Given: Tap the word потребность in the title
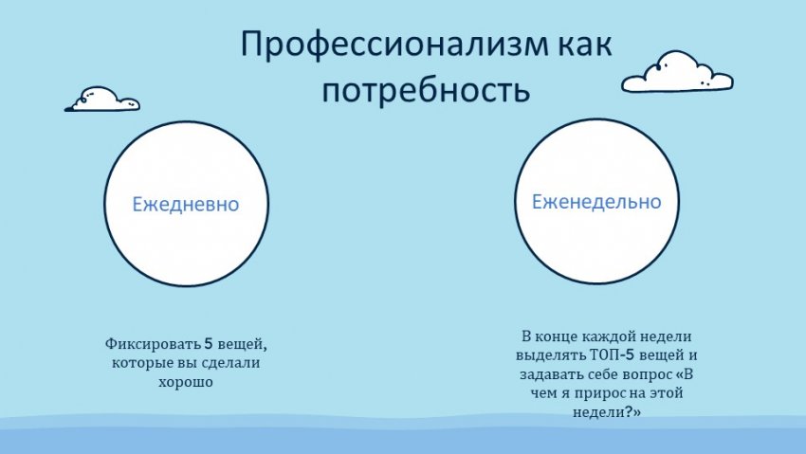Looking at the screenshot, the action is [426, 91].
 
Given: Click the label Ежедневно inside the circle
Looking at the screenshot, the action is [186, 205].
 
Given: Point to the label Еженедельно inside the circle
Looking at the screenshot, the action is [596, 201].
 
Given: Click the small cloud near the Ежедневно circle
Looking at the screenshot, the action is [102, 100].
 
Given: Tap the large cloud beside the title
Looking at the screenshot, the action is [677, 72].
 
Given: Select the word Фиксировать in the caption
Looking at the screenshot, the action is [153, 344].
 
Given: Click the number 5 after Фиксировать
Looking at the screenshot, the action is [209, 343].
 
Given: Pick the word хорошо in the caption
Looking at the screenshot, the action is [186, 382].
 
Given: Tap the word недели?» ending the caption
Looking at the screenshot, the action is [607, 412].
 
